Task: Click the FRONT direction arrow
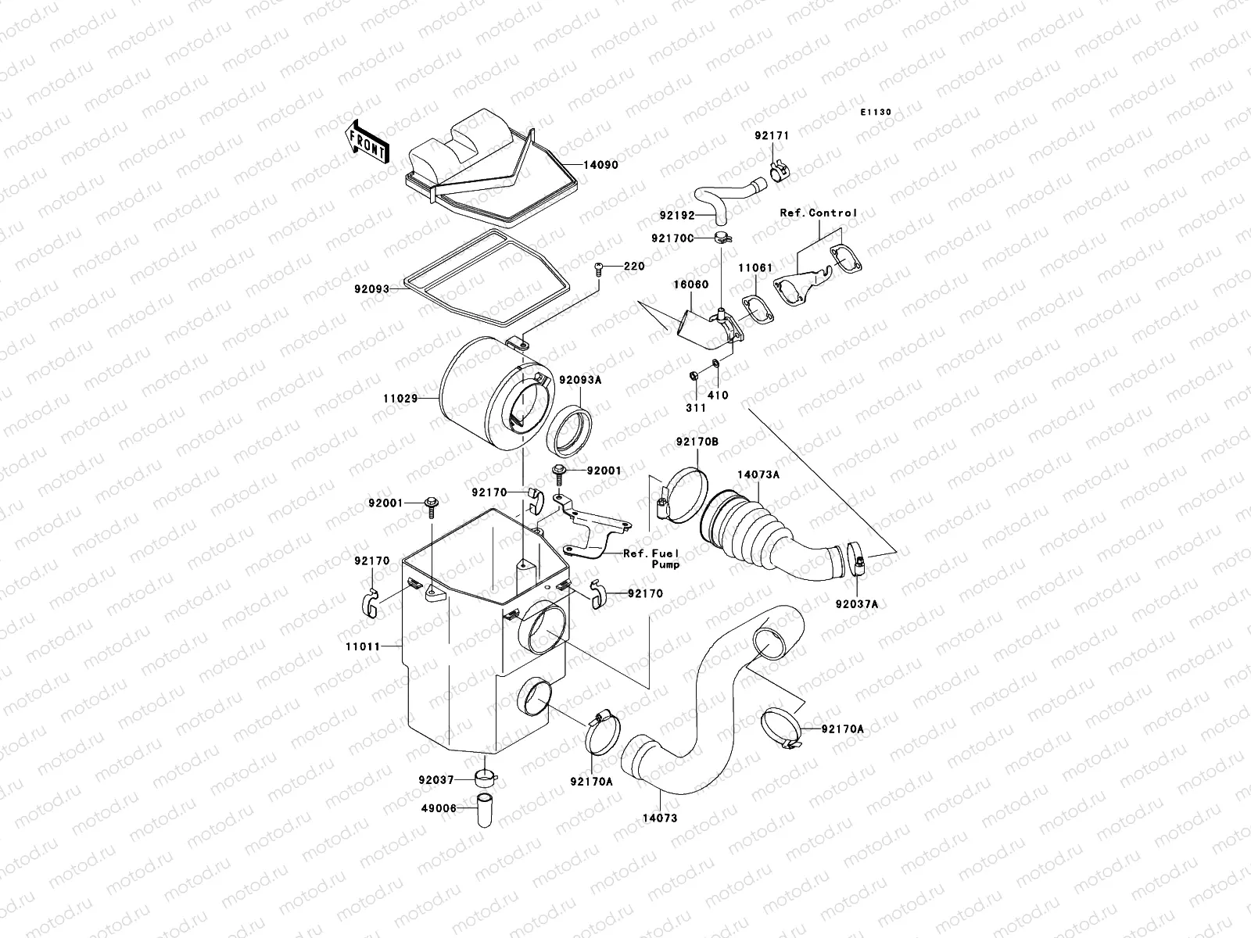tap(366, 141)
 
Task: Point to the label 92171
tap(772, 136)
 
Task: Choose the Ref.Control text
tap(818, 213)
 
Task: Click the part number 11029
tap(399, 398)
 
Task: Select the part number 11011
tap(361, 646)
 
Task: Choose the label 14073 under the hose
tap(660, 818)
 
